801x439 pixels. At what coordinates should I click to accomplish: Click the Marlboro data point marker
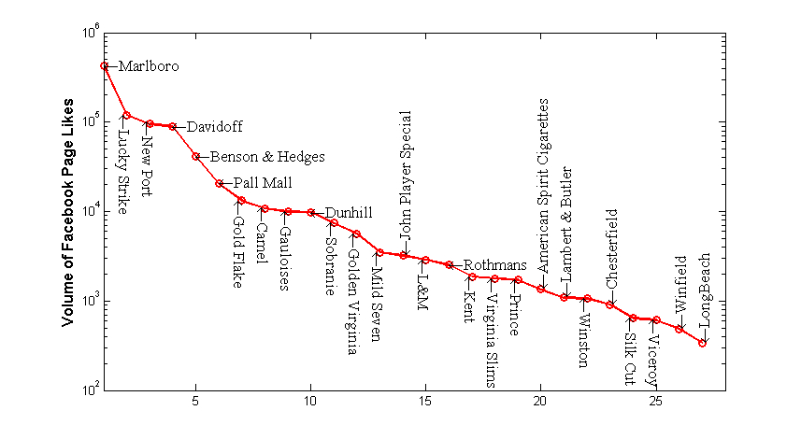104,65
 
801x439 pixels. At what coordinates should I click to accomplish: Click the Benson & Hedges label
266,156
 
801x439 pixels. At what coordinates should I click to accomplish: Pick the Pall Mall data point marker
219,183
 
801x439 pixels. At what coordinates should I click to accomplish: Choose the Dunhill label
347,213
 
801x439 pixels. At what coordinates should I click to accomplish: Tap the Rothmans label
495,265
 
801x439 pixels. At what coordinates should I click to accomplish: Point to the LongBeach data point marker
702,343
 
